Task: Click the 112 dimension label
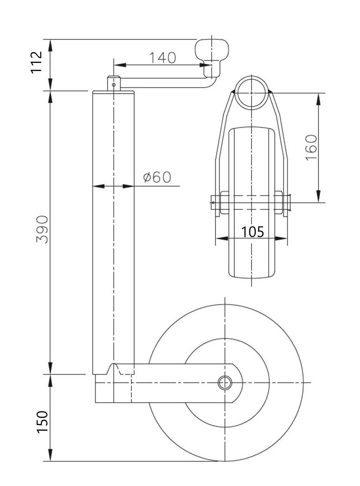pyautogui.click(x=37, y=62)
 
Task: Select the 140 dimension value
pyautogui.click(x=163, y=58)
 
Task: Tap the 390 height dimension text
pyautogui.click(x=42, y=229)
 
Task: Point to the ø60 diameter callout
pyautogui.click(x=157, y=177)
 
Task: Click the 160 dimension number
pyautogui.click(x=311, y=147)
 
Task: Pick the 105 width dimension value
pyautogui.click(x=253, y=231)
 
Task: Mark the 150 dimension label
pyautogui.click(x=42, y=422)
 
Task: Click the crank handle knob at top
pyautogui.click(x=212, y=58)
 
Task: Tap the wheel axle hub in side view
pyautogui.click(x=225, y=383)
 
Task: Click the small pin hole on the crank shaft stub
pyautogui.click(x=114, y=84)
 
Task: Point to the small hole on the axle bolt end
pyautogui.click(x=214, y=203)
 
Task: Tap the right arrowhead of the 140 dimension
pyautogui.click(x=205, y=65)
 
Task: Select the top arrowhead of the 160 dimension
pyautogui.click(x=319, y=100)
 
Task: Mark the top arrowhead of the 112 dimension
pyautogui.click(x=51, y=46)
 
